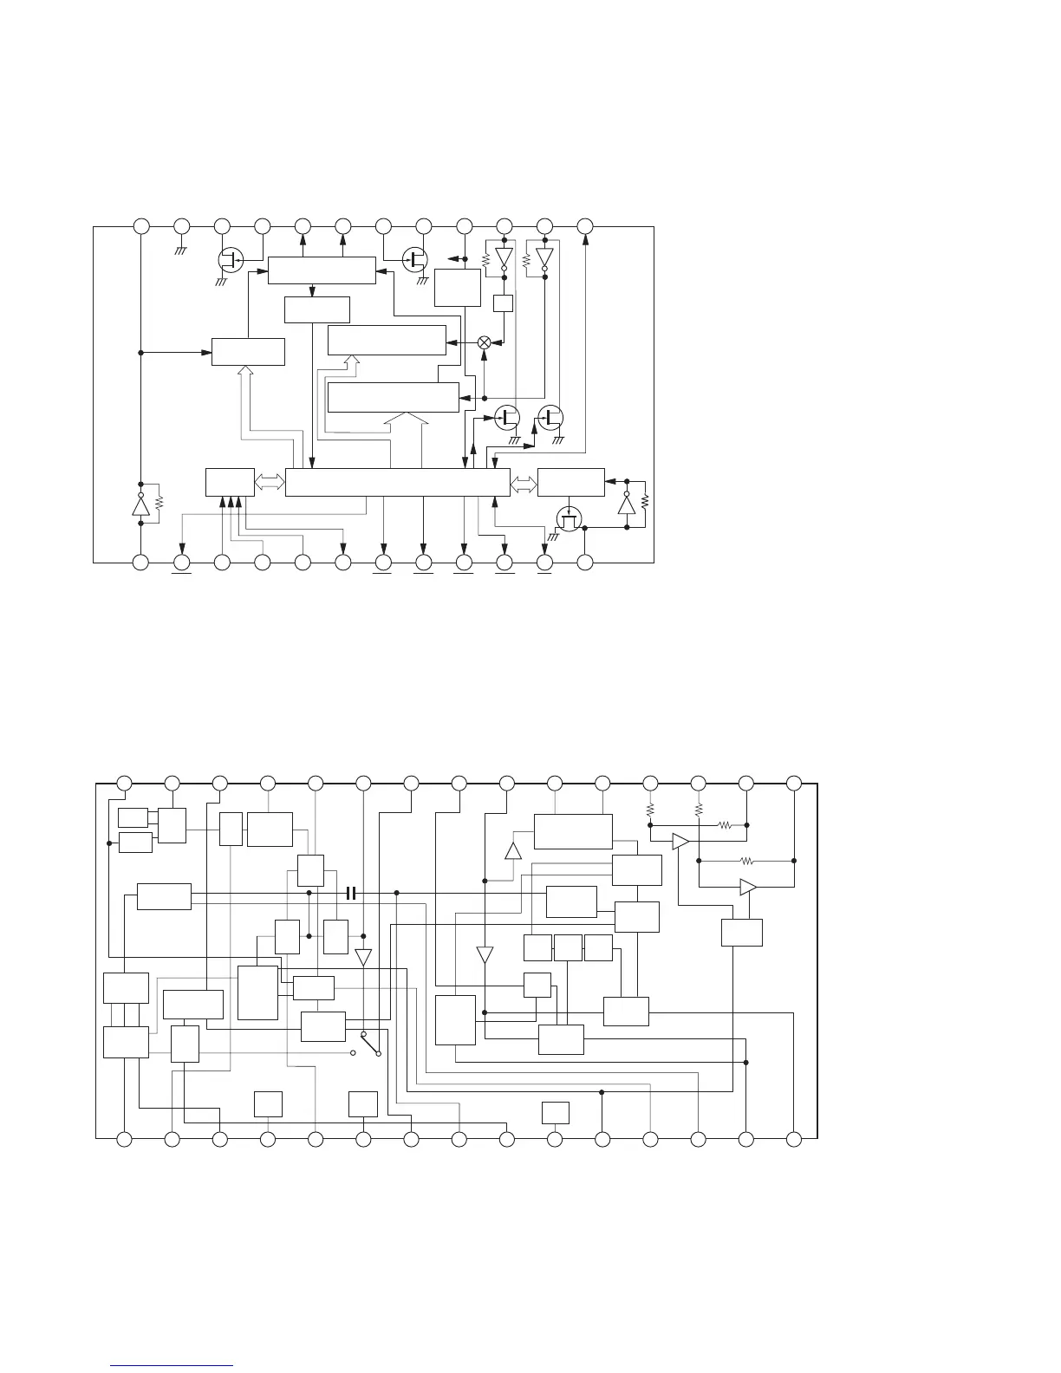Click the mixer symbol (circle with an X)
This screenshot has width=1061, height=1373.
485,342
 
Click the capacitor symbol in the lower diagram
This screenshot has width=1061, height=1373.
351,893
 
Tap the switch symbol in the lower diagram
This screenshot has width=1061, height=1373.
371,1044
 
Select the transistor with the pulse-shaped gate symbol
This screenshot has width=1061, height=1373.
570,519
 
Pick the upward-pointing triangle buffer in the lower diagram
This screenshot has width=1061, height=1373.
513,849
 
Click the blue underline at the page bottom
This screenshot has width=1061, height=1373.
173,1365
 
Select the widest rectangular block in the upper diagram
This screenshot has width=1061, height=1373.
397,483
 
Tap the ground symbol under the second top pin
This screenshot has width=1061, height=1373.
182,250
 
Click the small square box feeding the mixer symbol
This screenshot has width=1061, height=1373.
504,303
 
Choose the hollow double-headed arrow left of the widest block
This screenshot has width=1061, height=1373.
270,483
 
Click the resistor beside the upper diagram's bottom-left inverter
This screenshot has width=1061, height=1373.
159,503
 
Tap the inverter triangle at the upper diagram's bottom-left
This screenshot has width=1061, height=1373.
140,505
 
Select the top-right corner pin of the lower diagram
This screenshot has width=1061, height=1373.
793,784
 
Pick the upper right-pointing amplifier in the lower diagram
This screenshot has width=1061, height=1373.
681,842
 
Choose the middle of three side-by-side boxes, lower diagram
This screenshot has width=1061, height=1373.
568,948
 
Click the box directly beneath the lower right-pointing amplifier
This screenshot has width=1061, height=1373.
742,932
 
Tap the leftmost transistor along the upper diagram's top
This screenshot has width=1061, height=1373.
229,258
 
